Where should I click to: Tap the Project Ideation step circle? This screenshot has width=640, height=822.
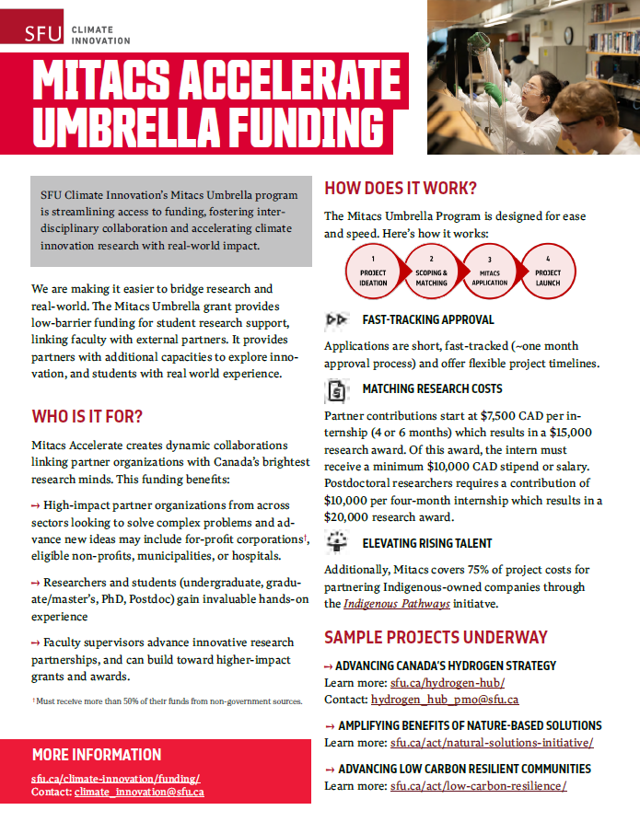click(x=373, y=272)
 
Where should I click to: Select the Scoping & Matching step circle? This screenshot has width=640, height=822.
click(x=431, y=272)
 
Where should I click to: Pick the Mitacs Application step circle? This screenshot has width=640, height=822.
click(x=490, y=272)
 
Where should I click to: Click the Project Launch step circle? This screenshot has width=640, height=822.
click(x=548, y=272)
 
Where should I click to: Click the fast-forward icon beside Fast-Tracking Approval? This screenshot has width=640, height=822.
click(x=336, y=320)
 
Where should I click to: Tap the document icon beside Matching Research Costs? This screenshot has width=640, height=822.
click(x=337, y=390)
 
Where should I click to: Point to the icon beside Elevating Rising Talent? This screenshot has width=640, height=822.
click(x=337, y=542)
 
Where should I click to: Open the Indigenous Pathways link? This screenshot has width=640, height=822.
click(x=385, y=604)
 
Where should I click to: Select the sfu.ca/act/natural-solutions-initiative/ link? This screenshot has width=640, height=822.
click(x=492, y=742)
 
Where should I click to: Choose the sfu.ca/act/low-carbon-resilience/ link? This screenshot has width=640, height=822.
click(x=478, y=786)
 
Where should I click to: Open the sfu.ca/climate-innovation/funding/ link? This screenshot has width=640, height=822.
click(x=115, y=778)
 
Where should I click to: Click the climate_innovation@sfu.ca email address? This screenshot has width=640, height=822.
click(x=139, y=792)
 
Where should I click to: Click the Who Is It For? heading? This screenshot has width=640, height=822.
click(x=87, y=415)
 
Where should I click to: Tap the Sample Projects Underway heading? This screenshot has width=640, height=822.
click(x=436, y=637)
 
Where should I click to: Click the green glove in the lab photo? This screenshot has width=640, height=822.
click(x=495, y=93)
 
